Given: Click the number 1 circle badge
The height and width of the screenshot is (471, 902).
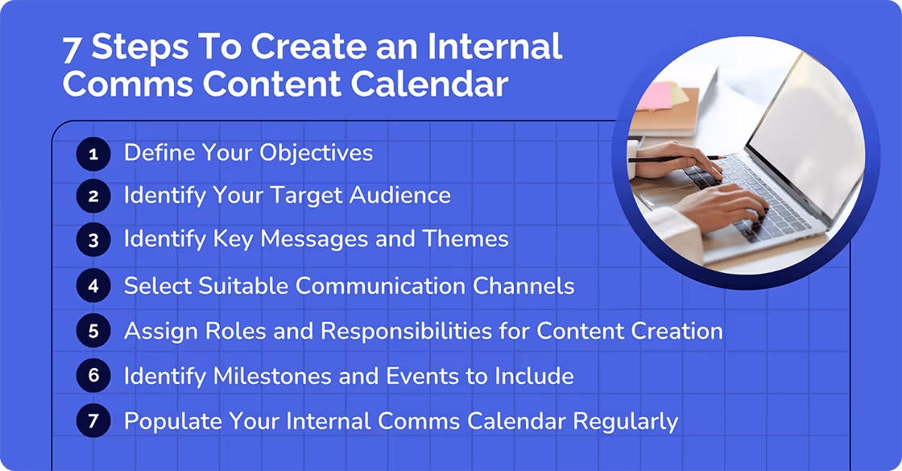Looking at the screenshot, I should [x=93, y=153].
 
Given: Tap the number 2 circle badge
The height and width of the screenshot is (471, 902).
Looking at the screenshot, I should [x=93, y=196].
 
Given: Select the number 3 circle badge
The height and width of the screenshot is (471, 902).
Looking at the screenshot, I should [x=93, y=239].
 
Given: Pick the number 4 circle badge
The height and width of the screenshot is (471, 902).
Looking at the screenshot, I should [x=93, y=285].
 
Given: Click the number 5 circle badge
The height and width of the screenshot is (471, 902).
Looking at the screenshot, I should [x=93, y=331].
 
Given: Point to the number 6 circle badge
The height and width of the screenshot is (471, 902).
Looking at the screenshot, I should [x=93, y=376].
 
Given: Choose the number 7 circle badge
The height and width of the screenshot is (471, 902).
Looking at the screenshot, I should [x=93, y=420].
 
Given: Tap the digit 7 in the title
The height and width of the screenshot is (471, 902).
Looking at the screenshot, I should [x=72, y=49].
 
